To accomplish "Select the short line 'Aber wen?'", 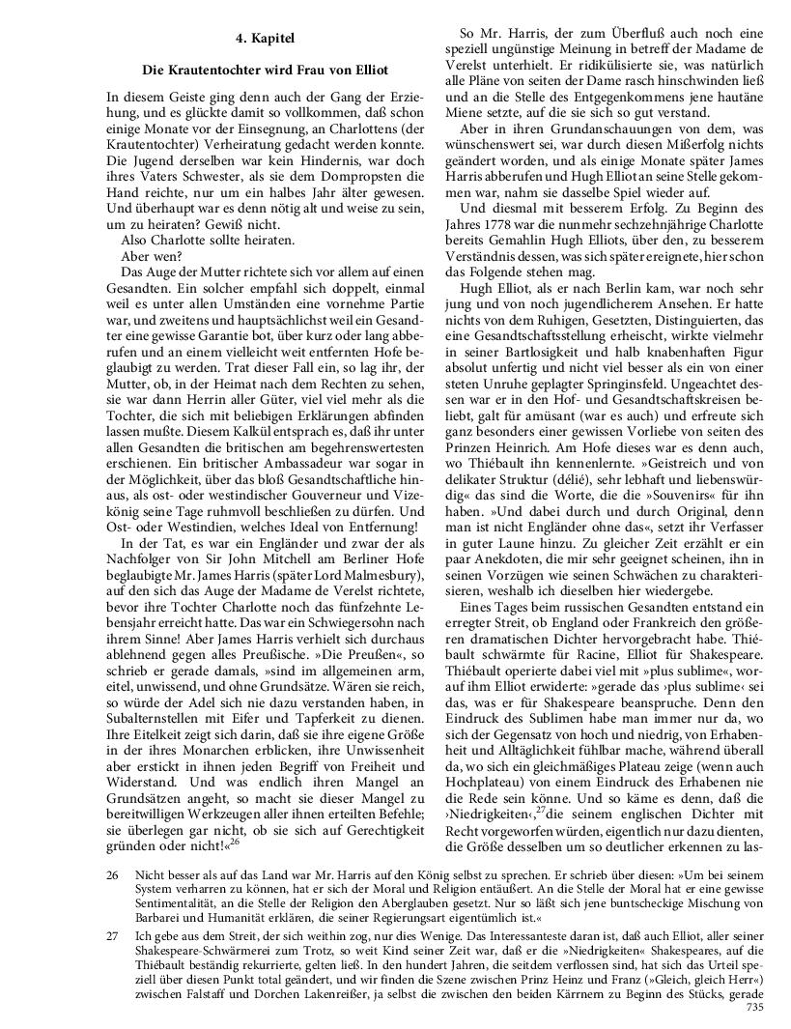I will pyautogui.click(x=149, y=258).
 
